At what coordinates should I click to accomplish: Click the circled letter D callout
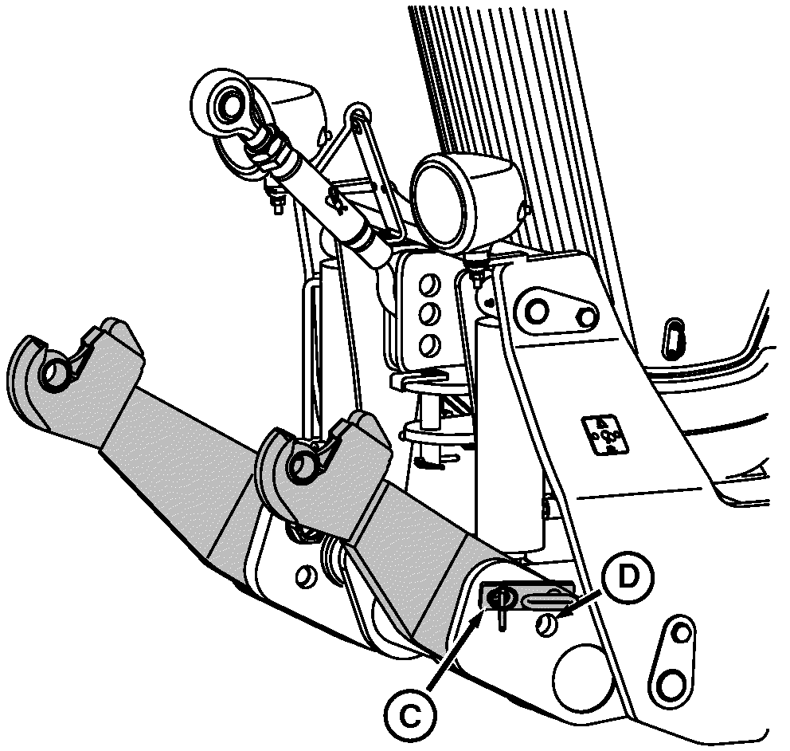point(627,577)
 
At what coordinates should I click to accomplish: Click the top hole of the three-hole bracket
point(429,285)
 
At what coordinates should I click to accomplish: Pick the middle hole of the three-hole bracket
point(429,314)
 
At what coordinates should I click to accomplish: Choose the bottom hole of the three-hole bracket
point(429,345)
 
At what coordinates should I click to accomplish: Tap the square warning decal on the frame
point(604,434)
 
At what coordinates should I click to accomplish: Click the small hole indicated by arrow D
point(548,625)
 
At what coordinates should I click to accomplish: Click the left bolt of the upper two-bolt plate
point(537,311)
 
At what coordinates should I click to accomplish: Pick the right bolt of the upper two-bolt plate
point(585,317)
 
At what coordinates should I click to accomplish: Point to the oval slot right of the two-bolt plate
point(674,337)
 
